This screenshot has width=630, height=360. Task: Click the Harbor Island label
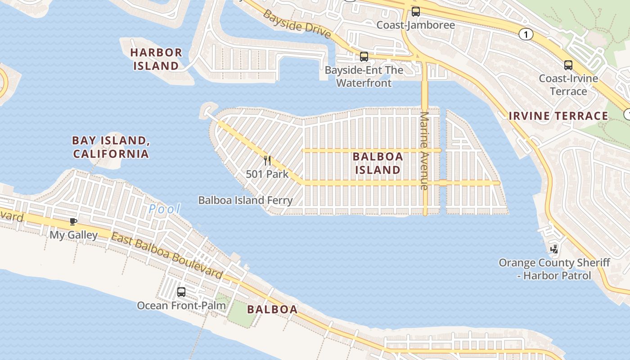(156, 59)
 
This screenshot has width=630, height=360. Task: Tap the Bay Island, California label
(111, 147)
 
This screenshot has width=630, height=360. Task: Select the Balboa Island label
(378, 163)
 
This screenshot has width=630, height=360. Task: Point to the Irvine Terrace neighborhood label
(558, 116)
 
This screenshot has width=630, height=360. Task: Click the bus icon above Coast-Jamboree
(416, 12)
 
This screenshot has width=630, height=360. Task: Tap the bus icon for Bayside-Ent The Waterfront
(364, 57)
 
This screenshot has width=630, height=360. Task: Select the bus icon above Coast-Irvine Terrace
(568, 65)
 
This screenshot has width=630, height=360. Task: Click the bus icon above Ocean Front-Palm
(181, 292)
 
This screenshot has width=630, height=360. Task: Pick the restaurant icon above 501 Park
(267, 161)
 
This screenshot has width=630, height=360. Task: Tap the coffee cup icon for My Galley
(73, 221)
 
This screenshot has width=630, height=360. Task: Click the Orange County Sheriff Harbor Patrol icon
(554, 248)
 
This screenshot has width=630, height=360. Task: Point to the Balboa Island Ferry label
(245, 200)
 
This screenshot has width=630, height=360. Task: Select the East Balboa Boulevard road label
(167, 256)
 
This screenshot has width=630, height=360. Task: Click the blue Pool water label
(165, 209)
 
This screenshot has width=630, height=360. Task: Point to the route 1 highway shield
(526, 34)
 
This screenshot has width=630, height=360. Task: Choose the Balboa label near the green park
(272, 310)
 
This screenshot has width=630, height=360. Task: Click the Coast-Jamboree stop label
(415, 25)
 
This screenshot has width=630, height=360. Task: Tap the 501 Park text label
(267, 174)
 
